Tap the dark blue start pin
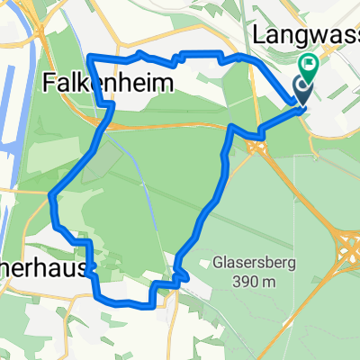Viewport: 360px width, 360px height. [x=301, y=88]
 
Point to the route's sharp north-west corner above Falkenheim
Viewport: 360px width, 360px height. [x=89, y=57]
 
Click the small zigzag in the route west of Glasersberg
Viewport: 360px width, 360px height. [x=178, y=274]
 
